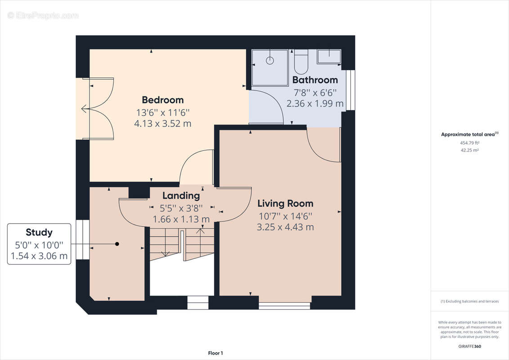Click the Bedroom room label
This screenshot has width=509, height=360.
click(x=163, y=100)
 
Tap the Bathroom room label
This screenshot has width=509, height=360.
click(x=315, y=80)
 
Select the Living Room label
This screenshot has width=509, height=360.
click(x=286, y=204)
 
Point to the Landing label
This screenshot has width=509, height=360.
click(x=181, y=196)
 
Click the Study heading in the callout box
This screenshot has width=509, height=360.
click(x=39, y=233)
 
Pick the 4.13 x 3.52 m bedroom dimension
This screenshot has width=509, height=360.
click(x=163, y=123)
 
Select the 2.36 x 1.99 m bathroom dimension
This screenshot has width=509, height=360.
click(x=315, y=103)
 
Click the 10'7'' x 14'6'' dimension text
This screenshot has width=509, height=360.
click(x=286, y=216)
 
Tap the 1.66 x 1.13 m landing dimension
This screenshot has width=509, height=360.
click(x=181, y=219)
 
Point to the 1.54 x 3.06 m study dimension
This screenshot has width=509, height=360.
click(x=39, y=256)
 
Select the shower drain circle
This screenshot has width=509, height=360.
click(x=270, y=60)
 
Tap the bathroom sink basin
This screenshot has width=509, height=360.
click(x=329, y=57)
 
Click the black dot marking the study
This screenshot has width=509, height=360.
click(x=117, y=244)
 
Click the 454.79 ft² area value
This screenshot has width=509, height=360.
click(x=469, y=143)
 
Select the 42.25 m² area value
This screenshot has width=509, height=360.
click(x=469, y=150)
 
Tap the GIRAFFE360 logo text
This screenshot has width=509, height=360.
click(x=469, y=346)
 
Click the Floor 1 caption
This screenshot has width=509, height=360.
click(x=215, y=353)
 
